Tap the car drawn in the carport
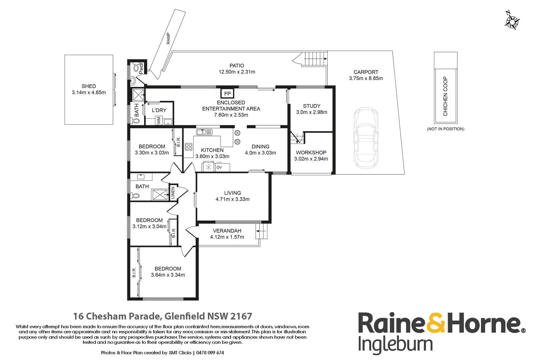[366, 137]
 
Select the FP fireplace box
[227, 94]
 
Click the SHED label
[89, 86]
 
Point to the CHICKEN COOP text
[445, 96]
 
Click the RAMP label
[168, 38]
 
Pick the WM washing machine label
[159, 120]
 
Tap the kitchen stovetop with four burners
[189, 147]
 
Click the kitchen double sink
[204, 132]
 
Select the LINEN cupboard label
[173, 193]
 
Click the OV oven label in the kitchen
[219, 167]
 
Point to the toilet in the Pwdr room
[136, 68]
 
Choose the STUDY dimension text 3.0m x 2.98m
[312, 112]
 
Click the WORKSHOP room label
[311, 153]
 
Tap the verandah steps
[262, 231]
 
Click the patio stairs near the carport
[315, 59]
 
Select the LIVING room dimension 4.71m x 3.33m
[232, 199]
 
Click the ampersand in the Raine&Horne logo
[436, 323]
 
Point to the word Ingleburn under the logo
[395, 345]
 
